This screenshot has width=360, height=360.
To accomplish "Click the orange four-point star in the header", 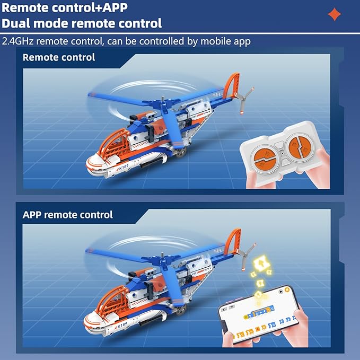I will click(334, 14).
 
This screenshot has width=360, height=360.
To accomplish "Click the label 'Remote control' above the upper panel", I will click(59, 57).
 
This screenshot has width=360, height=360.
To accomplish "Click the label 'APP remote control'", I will click(68, 215).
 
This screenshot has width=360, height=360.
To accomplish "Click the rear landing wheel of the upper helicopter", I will click(182, 153).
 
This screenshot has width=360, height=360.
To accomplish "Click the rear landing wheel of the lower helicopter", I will click(182, 310).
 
